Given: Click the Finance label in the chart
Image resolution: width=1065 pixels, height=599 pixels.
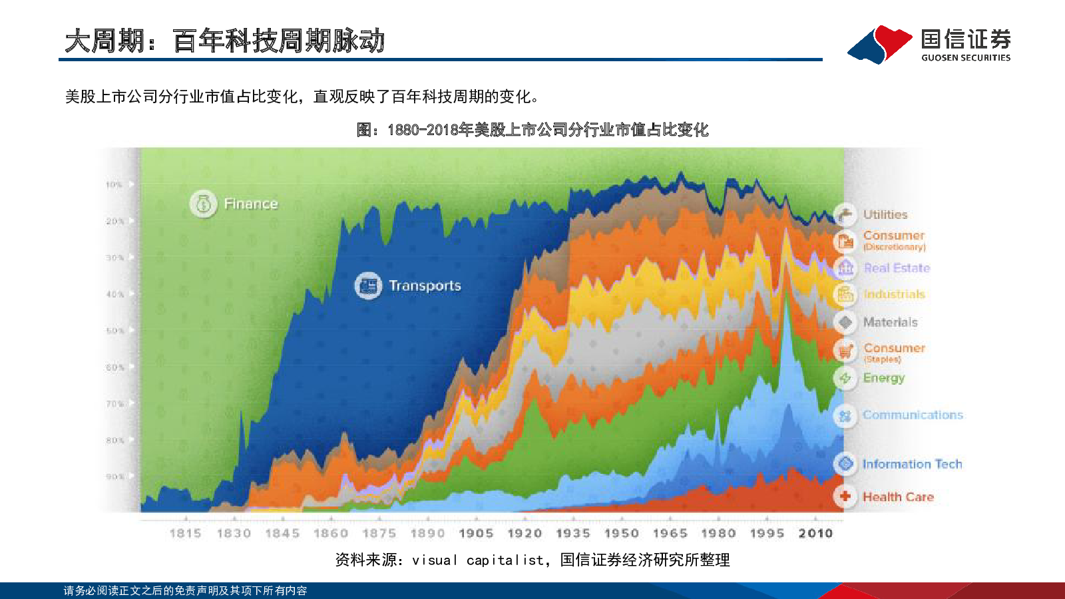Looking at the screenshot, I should pyautogui.click(x=250, y=204).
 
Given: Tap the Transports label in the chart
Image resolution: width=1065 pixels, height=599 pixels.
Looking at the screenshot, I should pyautogui.click(x=425, y=286).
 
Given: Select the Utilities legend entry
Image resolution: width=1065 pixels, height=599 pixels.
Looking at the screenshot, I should pyautogui.click(x=885, y=214).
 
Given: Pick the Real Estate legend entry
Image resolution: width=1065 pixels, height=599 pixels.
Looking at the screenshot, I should pyautogui.click(x=897, y=268).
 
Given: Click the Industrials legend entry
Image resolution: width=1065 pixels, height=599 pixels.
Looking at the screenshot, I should pyautogui.click(x=894, y=294).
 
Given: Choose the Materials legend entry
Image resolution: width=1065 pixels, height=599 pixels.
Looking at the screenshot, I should pyautogui.click(x=890, y=322).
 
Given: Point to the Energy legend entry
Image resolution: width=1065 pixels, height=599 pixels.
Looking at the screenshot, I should pyautogui.click(x=883, y=378).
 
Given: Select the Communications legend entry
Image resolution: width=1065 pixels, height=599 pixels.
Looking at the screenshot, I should pyautogui.click(x=913, y=415).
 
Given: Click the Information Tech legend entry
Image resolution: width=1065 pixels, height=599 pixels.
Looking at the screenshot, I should pyautogui.click(x=912, y=464).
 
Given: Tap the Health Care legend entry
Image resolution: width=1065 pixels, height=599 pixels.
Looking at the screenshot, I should pyautogui.click(x=898, y=497).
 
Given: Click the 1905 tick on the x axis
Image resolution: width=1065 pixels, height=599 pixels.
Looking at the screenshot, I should pyautogui.click(x=476, y=533).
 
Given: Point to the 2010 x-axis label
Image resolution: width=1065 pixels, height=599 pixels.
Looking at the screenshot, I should pyautogui.click(x=815, y=533).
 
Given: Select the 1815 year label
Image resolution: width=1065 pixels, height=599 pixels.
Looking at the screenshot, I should pyautogui.click(x=185, y=533).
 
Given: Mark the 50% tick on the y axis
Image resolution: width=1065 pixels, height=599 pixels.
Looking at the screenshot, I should pyautogui.click(x=115, y=331).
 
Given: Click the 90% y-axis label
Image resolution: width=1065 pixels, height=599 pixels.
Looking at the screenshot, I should pyautogui.click(x=115, y=477).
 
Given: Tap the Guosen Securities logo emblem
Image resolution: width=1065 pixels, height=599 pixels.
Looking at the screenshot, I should pyautogui.click(x=879, y=44).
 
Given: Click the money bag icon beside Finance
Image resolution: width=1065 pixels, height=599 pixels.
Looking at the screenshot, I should pyautogui.click(x=203, y=204).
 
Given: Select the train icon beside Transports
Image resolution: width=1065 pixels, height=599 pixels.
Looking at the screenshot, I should pyautogui.click(x=368, y=286).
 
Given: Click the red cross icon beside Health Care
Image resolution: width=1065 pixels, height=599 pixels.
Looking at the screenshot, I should pyautogui.click(x=845, y=497).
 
